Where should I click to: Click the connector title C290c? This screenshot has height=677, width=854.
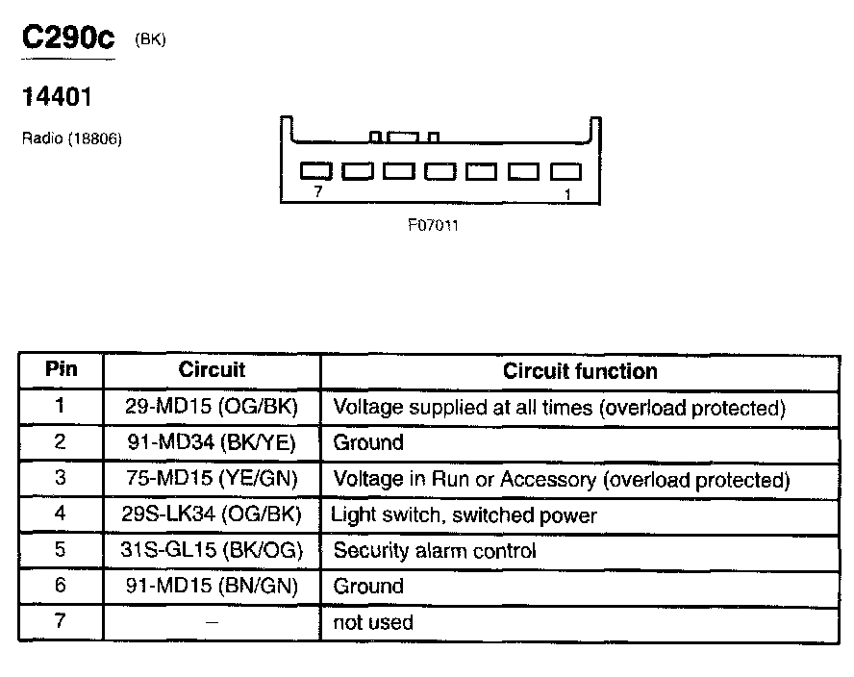(67, 39)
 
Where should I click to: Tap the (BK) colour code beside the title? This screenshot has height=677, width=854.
(151, 40)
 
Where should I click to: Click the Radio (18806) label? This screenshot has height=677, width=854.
(71, 138)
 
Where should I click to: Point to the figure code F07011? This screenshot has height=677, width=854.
(432, 228)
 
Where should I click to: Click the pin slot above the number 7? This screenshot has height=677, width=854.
(316, 171)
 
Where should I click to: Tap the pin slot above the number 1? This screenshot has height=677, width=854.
(566, 171)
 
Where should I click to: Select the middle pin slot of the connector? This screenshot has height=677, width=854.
(441, 171)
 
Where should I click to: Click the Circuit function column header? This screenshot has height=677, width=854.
(580, 371)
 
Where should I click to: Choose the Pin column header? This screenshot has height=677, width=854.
(61, 370)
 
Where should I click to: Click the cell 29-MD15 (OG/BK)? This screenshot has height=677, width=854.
(212, 407)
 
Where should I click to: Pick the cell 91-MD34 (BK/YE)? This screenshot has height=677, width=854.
(212, 442)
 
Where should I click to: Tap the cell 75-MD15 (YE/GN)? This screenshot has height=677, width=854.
(212, 479)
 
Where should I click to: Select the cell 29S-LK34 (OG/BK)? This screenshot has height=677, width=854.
(212, 514)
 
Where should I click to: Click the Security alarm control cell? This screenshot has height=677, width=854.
(434, 551)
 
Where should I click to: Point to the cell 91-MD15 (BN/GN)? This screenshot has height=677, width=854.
(212, 586)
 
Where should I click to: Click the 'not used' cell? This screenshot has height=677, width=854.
(373, 622)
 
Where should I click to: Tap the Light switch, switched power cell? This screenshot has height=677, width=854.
(464, 514)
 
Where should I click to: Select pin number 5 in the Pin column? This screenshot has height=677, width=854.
(60, 549)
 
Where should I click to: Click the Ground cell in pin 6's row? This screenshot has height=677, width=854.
(368, 586)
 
